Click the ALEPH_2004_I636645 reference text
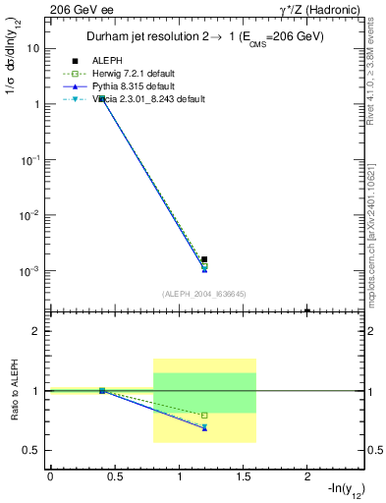coord(203,293)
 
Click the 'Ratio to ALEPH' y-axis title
coord(13,391)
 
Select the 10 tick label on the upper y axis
coord(33,48)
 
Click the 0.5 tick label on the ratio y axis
coord(31,451)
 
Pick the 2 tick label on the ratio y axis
coord(35,331)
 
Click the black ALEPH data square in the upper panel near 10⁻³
coord(204,259)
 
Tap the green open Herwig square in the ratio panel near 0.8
coord(204,416)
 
